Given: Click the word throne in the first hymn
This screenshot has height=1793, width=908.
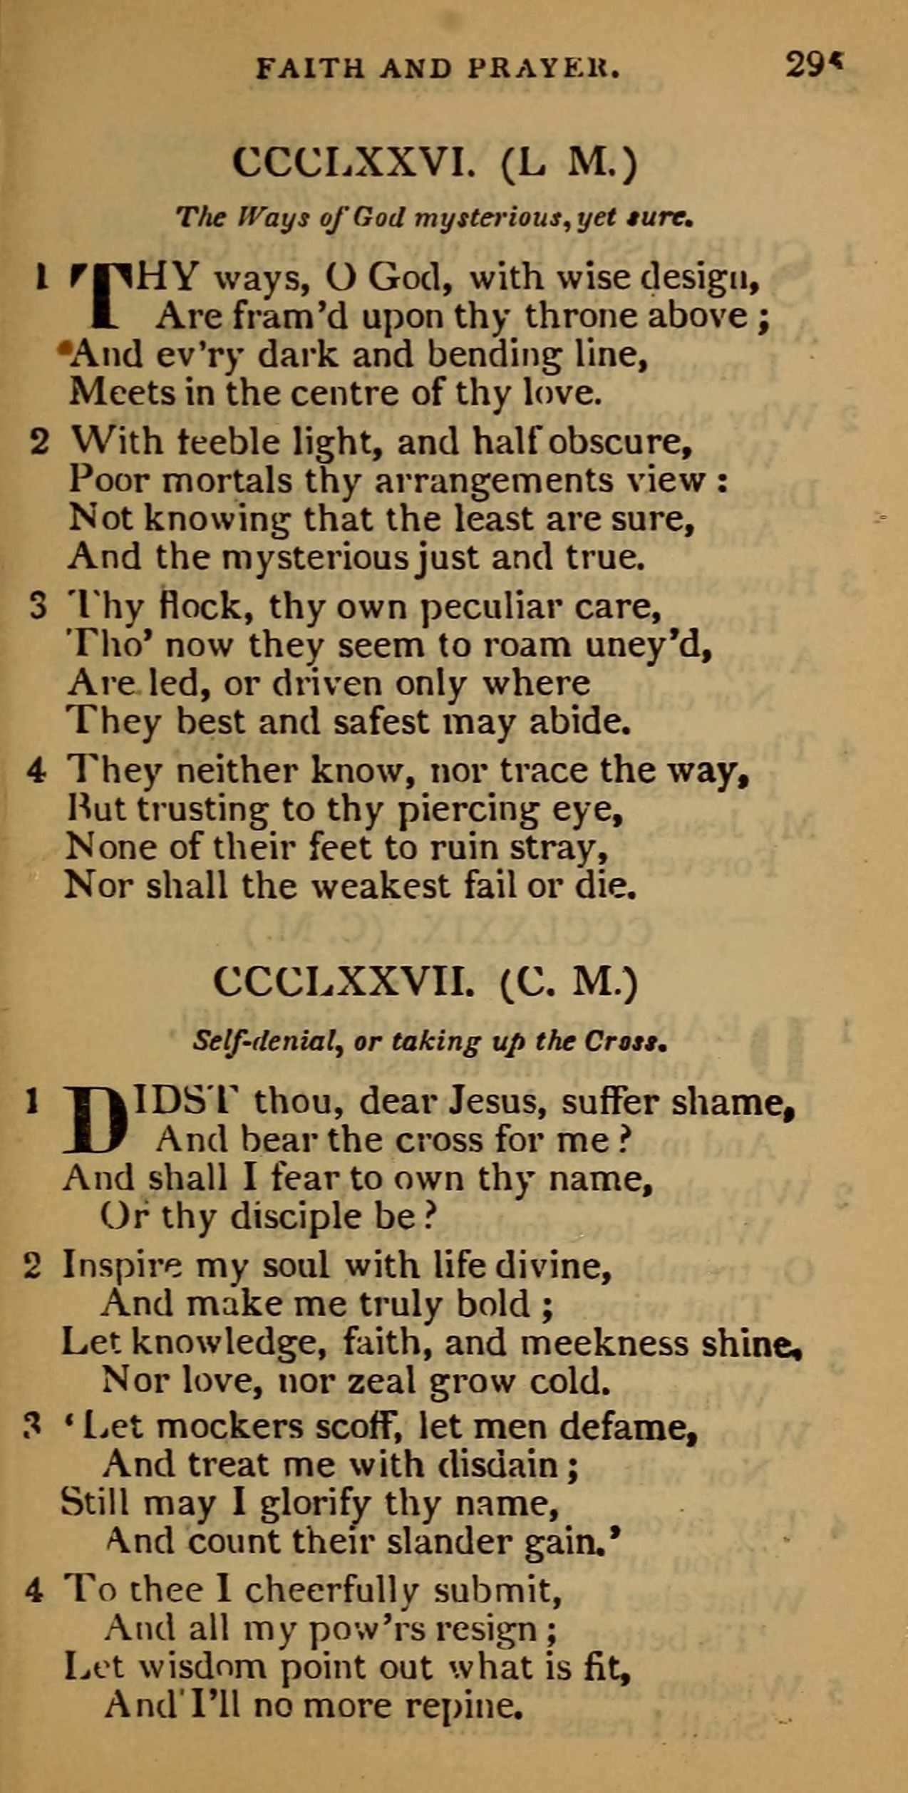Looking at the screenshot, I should [x=573, y=316].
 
